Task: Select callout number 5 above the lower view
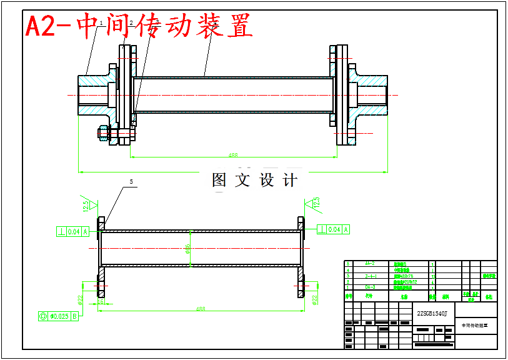point(131,182)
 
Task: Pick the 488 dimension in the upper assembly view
point(233,155)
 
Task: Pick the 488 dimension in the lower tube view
point(201,309)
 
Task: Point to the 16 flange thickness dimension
point(101,301)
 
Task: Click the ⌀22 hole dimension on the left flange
point(81,300)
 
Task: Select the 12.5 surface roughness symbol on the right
point(316,202)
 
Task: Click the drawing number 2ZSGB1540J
point(432,313)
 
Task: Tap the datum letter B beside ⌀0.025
point(75,316)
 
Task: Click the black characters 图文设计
point(254,181)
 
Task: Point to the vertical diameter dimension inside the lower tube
point(187,248)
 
